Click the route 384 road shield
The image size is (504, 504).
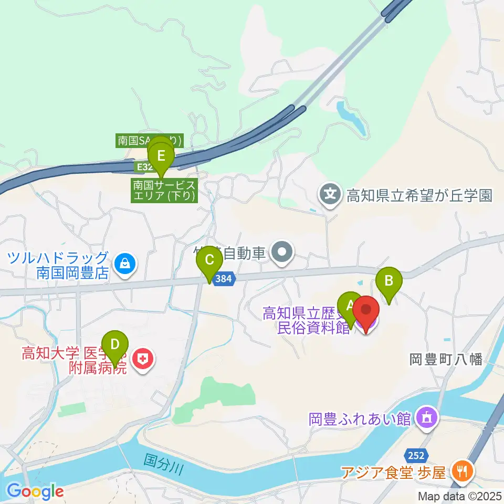pyautogui.click(x=223, y=279)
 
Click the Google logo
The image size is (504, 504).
pyautogui.click(x=35, y=491)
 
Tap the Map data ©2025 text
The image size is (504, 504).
pyautogui.click(x=460, y=495)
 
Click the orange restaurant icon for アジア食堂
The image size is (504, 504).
pyautogui.click(x=461, y=471)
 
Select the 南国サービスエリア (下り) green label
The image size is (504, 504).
pyautogui.click(x=164, y=191)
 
